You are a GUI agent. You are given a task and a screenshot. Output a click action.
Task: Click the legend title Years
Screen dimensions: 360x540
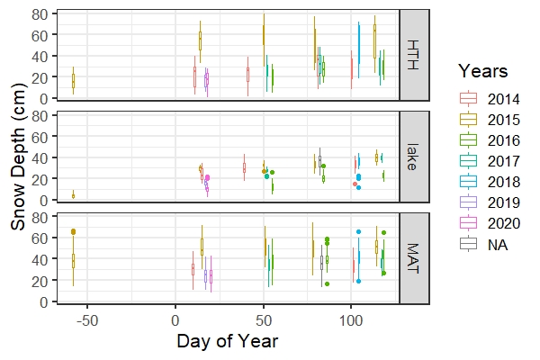click(484, 70)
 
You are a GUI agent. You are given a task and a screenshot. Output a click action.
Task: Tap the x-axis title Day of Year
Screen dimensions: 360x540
click(227, 342)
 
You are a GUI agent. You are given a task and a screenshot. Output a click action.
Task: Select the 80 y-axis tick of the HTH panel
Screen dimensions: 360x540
click(41, 13)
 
